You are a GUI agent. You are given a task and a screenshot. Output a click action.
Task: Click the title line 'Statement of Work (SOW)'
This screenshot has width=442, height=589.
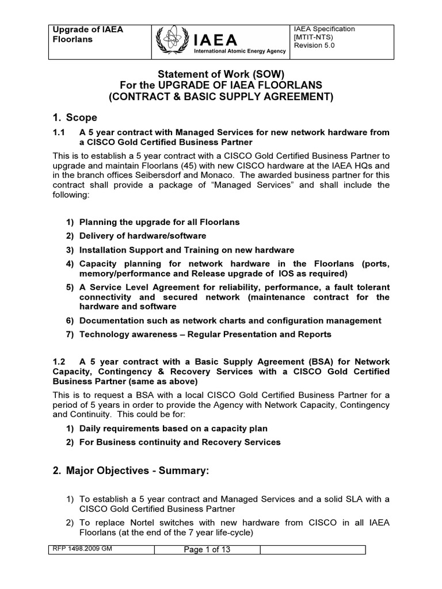221,74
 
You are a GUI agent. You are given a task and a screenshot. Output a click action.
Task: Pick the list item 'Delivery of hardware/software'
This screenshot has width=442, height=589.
142,236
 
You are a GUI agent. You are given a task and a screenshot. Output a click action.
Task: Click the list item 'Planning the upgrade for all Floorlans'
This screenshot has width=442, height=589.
159,221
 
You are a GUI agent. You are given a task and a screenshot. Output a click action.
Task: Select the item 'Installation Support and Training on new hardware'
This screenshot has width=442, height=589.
186,250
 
